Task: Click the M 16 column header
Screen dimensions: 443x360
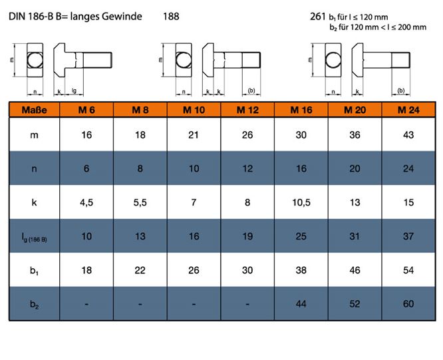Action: (x=301, y=110)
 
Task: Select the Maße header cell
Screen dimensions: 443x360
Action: (x=34, y=110)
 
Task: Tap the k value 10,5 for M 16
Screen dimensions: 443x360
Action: (x=301, y=202)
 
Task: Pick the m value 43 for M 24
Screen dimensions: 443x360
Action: (x=408, y=135)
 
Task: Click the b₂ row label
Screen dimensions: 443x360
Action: (x=34, y=304)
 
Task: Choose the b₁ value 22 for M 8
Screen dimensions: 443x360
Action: (x=140, y=270)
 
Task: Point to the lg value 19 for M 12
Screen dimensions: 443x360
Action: (x=247, y=236)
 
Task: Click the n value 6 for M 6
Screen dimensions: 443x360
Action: (x=86, y=169)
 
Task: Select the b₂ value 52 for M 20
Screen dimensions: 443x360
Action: (x=355, y=303)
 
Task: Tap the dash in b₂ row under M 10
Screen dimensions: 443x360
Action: (x=194, y=304)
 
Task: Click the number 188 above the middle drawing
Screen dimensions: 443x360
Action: (x=171, y=16)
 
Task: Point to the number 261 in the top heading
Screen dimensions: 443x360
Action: (x=318, y=17)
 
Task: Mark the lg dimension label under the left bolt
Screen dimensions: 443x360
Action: (x=74, y=90)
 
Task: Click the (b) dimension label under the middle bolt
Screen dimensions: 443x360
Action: (x=251, y=90)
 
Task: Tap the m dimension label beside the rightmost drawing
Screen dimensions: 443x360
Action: (x=310, y=60)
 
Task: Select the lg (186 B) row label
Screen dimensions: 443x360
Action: (x=34, y=238)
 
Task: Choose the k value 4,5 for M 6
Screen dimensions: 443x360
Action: (x=86, y=202)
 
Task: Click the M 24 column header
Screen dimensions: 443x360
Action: (x=408, y=110)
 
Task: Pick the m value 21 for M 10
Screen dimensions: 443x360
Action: (x=194, y=135)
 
